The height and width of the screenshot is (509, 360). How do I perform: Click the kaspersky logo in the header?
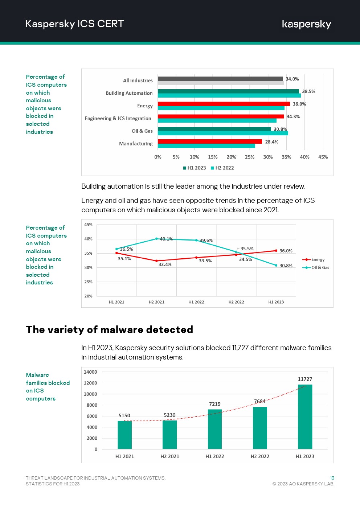click(x=306, y=24)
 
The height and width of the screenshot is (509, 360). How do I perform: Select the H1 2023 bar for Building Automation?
click(x=228, y=91)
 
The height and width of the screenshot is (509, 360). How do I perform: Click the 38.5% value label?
click(x=308, y=91)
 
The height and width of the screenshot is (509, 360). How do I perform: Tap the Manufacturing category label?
click(x=136, y=144)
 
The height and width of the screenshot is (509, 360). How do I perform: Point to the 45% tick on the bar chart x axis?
click(x=323, y=157)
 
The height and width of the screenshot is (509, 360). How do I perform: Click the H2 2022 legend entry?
click(x=222, y=168)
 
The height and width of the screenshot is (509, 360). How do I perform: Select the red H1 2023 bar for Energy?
click(x=224, y=104)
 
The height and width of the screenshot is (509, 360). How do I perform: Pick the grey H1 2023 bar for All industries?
click(x=220, y=79)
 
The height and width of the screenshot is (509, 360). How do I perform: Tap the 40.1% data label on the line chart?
click(x=166, y=239)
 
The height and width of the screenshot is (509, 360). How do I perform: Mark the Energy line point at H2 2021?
click(x=156, y=261)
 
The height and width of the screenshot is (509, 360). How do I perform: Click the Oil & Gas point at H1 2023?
click(x=276, y=265)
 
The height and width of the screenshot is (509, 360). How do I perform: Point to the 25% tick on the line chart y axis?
click(x=88, y=282)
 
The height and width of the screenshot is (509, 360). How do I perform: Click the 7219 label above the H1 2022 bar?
click(x=214, y=404)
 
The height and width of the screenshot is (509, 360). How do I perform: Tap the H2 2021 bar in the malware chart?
click(x=169, y=434)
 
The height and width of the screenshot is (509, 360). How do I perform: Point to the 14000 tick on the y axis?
click(x=90, y=372)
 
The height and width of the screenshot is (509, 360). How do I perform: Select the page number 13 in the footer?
click(x=332, y=478)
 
